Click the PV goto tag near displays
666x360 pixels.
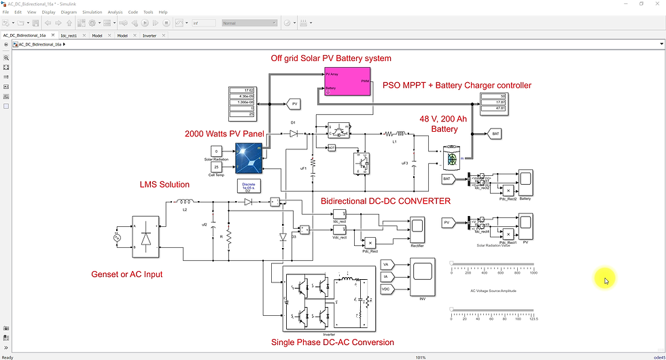coord(294,104)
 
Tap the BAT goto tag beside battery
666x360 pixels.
coord(495,134)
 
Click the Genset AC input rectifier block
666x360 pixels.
coord(146,236)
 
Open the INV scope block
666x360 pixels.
coord(423,276)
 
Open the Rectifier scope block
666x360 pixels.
coord(417,231)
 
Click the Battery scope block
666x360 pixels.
coord(525,182)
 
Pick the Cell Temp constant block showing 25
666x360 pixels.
coord(216,166)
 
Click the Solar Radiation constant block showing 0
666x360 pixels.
coord(216,150)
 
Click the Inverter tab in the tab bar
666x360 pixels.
coord(149,35)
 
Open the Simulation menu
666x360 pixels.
coord(92,12)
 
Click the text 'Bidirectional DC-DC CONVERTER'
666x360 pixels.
coord(385,201)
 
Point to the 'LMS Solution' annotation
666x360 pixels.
coord(164,184)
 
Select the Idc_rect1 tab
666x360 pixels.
coord(69,35)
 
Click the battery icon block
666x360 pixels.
coord(451,158)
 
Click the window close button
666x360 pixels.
coord(656,3)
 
